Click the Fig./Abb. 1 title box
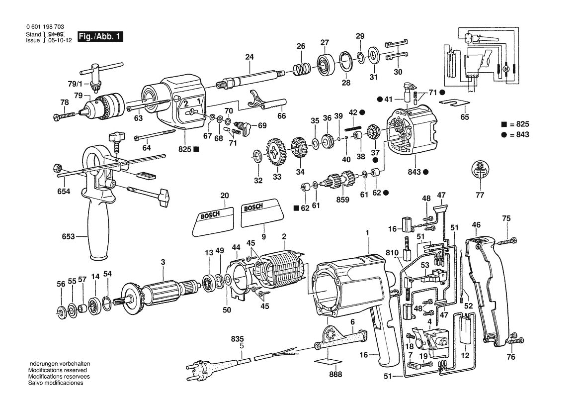click(99, 37)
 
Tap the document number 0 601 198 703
click(44, 27)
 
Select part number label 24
click(249, 57)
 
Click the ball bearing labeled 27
click(325, 64)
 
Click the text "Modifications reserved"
click(58, 370)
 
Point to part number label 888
click(336, 374)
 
